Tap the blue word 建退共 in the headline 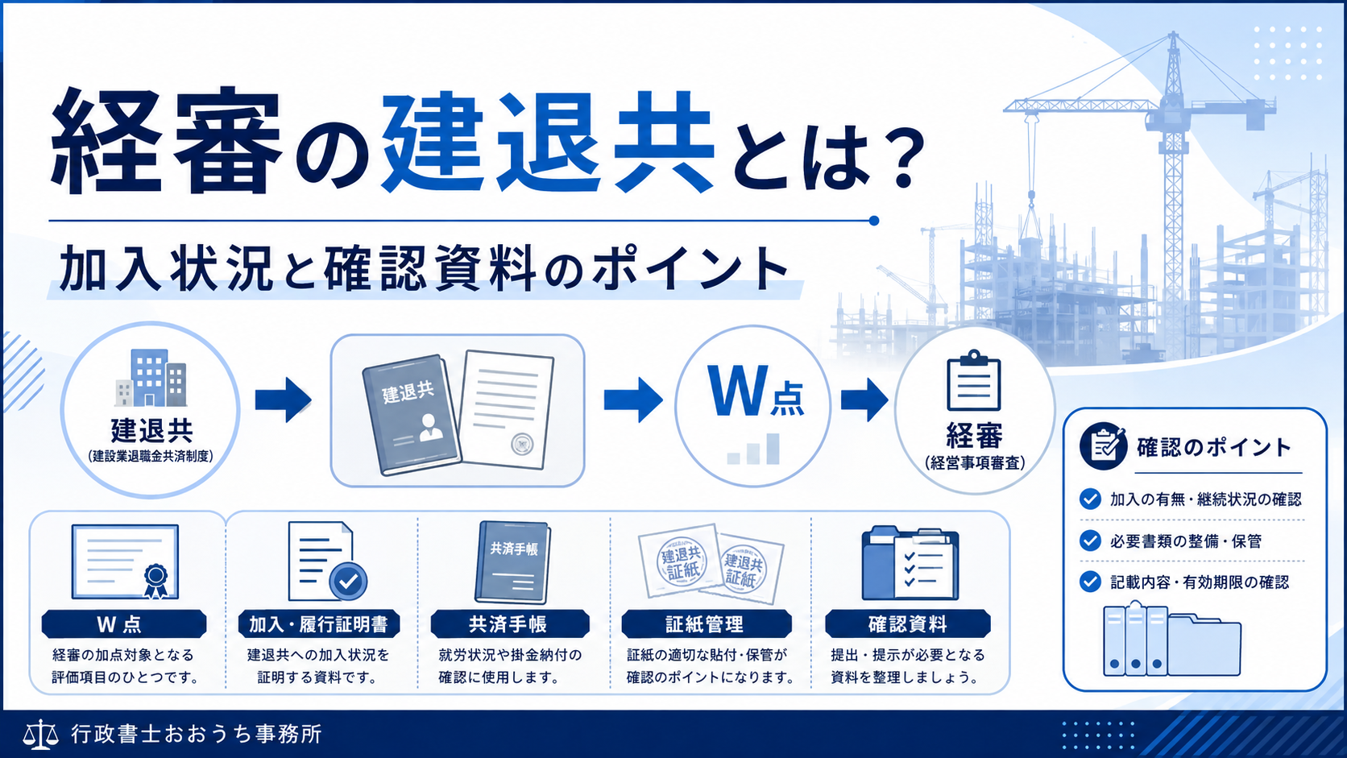548,143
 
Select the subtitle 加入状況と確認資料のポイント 424,269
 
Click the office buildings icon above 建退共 151,378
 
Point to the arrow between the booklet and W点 633,400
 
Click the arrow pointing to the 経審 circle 864,400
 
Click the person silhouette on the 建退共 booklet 430,428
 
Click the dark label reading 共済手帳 510,624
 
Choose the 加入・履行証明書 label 319,624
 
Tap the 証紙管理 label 706,624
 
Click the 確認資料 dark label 907,624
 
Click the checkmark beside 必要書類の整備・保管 1090,541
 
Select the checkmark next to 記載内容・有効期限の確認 1090,582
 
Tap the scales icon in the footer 41,735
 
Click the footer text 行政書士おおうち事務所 197,734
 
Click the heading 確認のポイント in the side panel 1214,447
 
